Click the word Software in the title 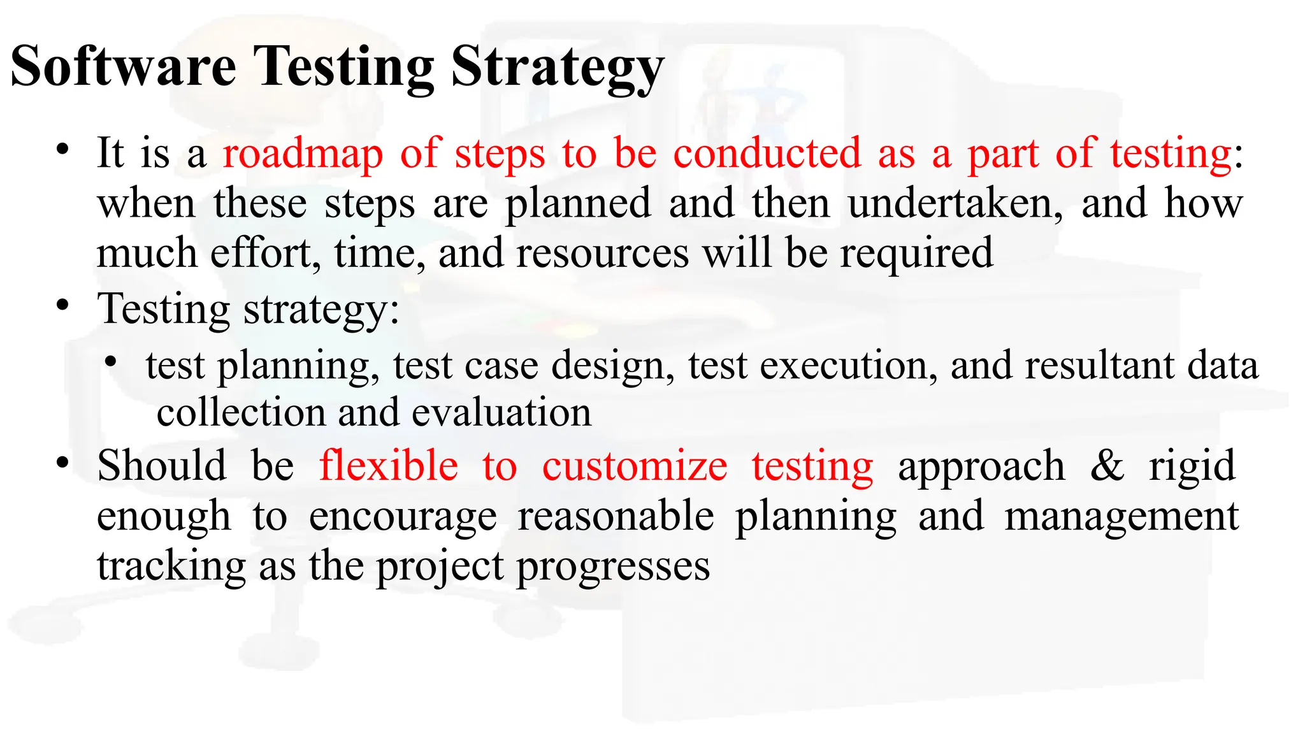[x=124, y=66]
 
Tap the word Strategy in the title [x=557, y=69]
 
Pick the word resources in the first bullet [x=602, y=253]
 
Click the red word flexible [x=389, y=466]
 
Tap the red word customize [x=635, y=466]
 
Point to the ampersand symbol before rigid [x=1107, y=466]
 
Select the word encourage [x=403, y=517]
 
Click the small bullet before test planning [x=112, y=362]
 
